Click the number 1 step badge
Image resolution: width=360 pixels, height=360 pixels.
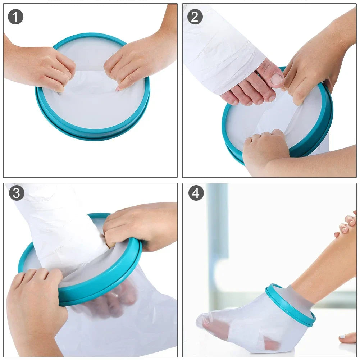(x=16, y=17)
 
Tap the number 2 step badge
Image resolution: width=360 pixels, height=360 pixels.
(x=195, y=17)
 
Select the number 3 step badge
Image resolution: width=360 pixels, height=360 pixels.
(x=17, y=193)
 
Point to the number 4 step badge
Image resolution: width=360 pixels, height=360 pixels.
(x=196, y=193)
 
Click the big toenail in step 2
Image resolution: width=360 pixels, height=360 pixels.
(x=277, y=79)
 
